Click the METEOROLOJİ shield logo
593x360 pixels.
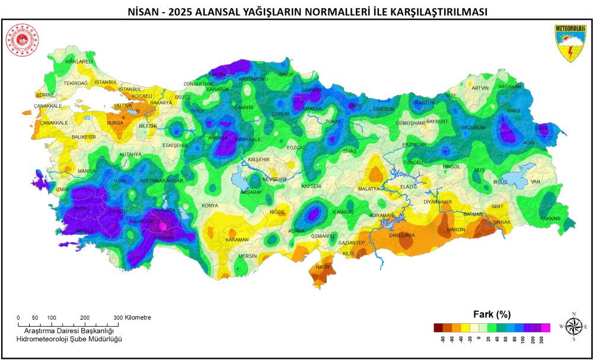pyautogui.click(x=570, y=43)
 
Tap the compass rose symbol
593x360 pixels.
pyautogui.click(x=573, y=327)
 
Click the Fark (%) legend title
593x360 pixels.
pyautogui.click(x=492, y=314)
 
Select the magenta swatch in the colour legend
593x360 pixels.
pyautogui.click(x=546, y=327)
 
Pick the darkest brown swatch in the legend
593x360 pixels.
pyautogui.click(x=438, y=327)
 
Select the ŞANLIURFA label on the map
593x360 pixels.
pyautogui.click(x=402, y=235)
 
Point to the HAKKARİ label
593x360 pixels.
pyautogui.click(x=549, y=219)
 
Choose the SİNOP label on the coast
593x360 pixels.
pyautogui.click(x=286, y=75)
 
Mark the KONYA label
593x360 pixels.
pyautogui.click(x=210, y=206)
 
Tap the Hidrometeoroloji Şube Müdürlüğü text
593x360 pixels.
pyautogui.click(x=69, y=339)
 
